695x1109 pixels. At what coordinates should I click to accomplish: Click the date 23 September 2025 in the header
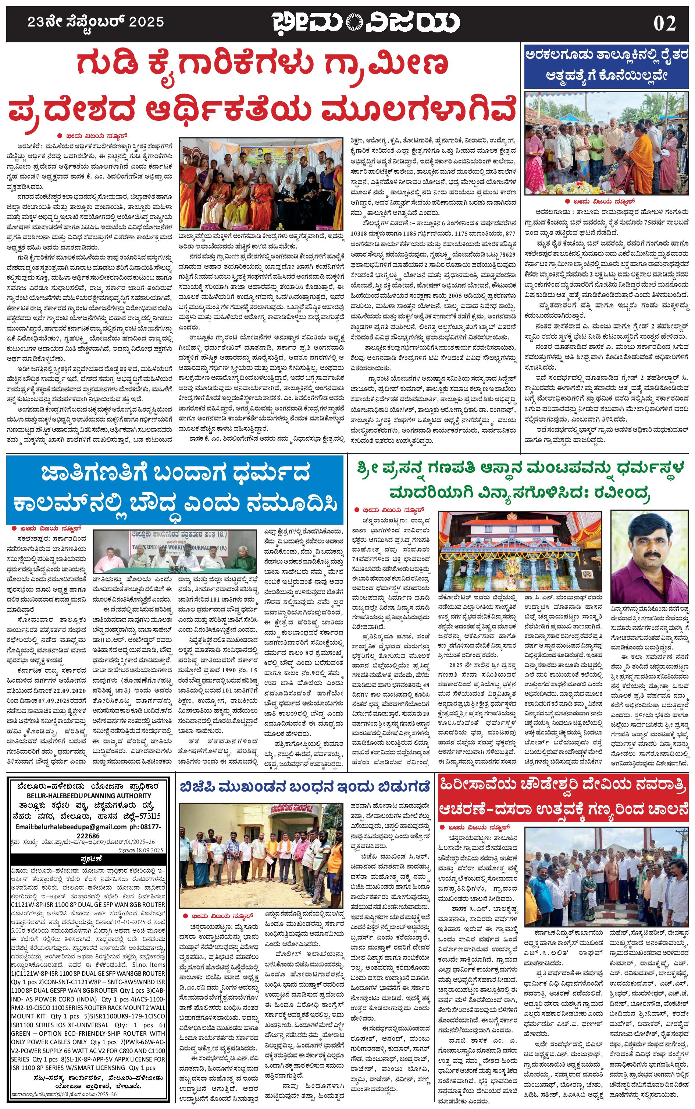click(x=96, y=22)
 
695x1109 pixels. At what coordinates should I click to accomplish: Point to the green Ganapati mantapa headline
click(x=519, y=481)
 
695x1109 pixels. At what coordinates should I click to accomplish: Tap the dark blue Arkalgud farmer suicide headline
click(x=607, y=65)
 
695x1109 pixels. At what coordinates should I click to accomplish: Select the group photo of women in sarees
click(x=261, y=184)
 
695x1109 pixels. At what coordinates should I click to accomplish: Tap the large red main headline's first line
click(x=262, y=64)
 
